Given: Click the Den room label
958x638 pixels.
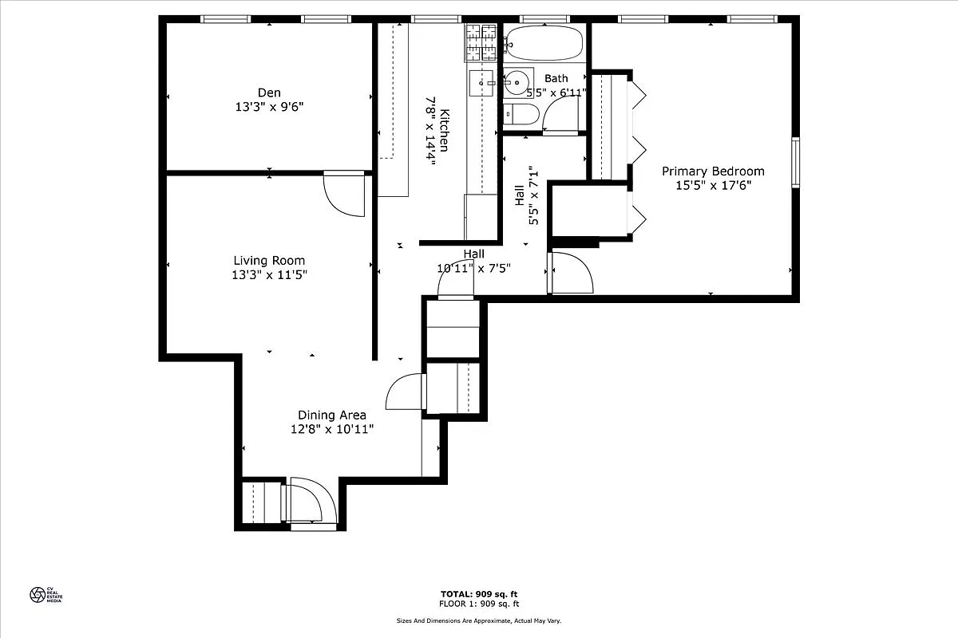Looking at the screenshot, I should [x=269, y=93].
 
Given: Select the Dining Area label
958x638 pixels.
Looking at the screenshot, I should [x=332, y=415].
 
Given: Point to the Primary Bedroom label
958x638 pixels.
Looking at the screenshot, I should [x=713, y=171].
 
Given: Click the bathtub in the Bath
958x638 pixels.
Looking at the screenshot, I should [x=545, y=44].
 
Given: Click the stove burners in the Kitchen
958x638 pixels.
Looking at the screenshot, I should [x=481, y=42].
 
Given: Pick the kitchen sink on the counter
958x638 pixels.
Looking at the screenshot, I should [x=482, y=81].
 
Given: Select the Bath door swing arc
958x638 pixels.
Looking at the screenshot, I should [x=561, y=114].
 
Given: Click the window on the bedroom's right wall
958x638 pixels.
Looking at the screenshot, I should [x=795, y=163].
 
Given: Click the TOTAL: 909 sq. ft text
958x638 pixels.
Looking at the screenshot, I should [x=479, y=594].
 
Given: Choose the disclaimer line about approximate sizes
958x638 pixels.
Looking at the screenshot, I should [x=479, y=620].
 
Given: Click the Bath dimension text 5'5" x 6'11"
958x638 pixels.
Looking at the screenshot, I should [x=556, y=93].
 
